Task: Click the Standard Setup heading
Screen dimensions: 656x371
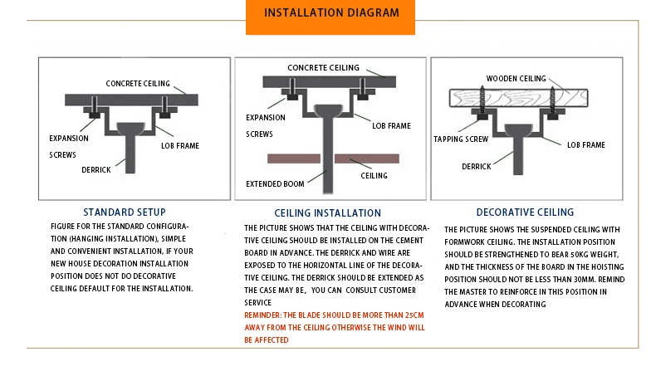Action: point(125,212)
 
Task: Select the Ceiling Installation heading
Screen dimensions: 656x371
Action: point(327,213)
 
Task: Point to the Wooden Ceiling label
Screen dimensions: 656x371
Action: point(516,78)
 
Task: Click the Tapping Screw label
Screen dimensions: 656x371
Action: point(461,139)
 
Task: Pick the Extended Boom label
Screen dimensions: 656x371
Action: point(276,183)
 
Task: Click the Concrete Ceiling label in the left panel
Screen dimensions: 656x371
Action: point(138,84)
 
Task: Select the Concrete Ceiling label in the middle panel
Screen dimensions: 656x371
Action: point(323,67)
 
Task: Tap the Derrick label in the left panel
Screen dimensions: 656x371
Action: point(96,169)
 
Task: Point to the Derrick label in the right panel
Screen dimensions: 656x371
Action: point(477,166)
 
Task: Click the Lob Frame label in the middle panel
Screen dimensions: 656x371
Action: point(391,126)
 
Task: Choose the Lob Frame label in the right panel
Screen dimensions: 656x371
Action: point(585,144)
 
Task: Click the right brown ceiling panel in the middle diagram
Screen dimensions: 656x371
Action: point(368,158)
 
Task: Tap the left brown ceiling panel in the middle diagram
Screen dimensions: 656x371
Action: point(291,158)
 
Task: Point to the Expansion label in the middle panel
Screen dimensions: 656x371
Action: point(265,118)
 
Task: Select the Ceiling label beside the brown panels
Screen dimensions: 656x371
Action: point(374,176)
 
